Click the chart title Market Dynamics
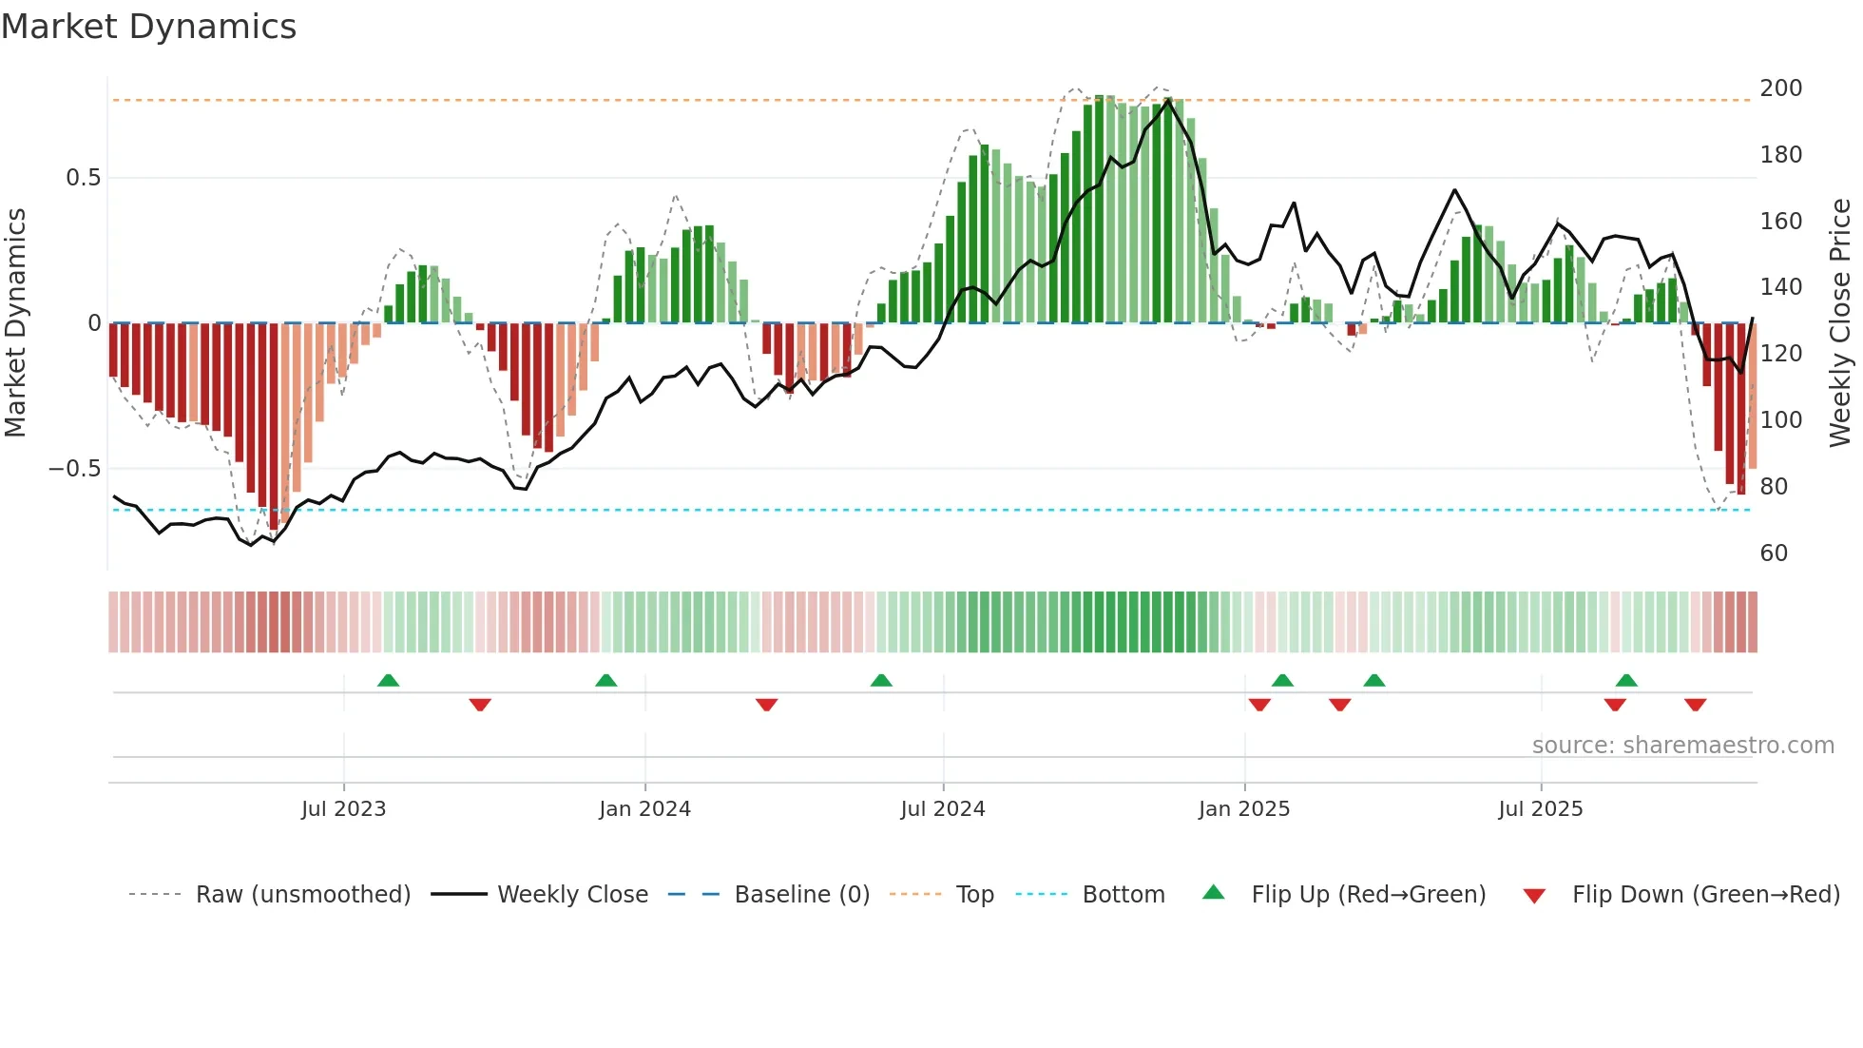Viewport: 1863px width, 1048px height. pos(148,27)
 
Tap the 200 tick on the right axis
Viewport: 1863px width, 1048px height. pos(1780,88)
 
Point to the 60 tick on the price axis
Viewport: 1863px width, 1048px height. pos(1774,553)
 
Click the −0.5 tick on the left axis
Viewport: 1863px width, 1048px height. pos(74,469)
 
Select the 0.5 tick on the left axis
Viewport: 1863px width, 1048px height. pos(83,178)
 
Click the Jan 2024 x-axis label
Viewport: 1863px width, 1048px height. pos(644,809)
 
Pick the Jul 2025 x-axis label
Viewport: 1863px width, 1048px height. pos(1540,809)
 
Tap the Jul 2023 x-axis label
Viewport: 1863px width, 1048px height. pos(343,809)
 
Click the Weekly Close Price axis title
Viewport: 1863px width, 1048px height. pos(1840,323)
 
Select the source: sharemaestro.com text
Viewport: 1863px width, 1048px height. pos(1682,746)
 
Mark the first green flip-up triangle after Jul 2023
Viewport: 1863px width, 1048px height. pos(388,681)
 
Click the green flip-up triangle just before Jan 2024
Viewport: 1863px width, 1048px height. pos(605,681)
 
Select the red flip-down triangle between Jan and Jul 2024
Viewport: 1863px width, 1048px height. pos(766,705)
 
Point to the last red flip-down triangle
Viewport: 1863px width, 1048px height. pos(1695,705)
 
